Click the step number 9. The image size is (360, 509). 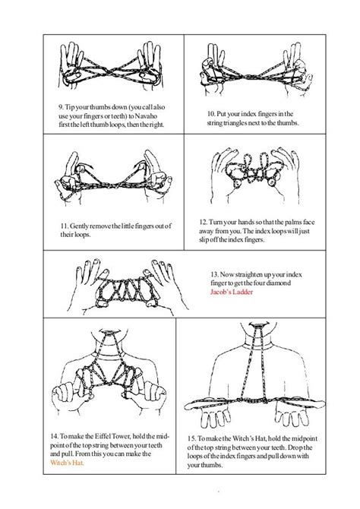click(62, 108)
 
